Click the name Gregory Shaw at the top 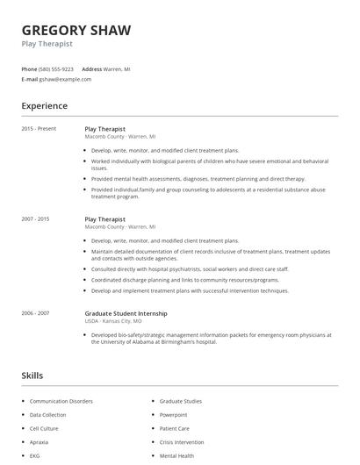tap(76, 30)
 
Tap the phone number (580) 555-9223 tap(56, 68)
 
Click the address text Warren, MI tap(119, 68)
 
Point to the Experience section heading tap(44, 106)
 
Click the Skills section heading tap(32, 375)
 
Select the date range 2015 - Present tap(39, 129)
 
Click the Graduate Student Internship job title tap(126, 313)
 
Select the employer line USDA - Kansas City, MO tap(113, 321)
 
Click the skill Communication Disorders tap(60, 401)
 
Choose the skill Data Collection tap(47, 415)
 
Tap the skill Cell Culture tap(44, 428)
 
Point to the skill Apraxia tap(40, 442)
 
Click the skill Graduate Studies tap(181, 401)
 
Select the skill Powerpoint tap(175, 415)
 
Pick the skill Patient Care tap(175, 428)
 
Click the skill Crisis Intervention tap(182, 442)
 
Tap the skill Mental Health tap(176, 456)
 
